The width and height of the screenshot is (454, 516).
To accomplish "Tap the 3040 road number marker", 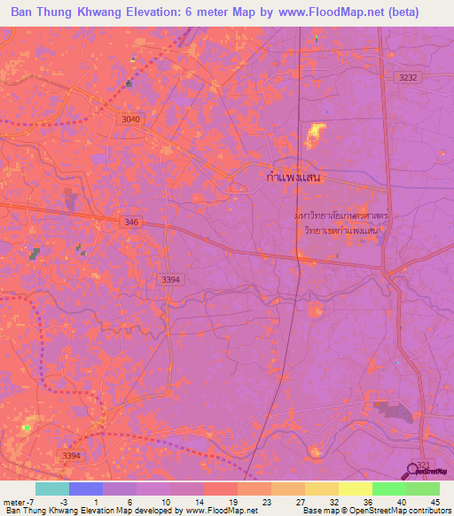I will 129,119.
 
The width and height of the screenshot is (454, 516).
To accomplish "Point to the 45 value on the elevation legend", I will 434,502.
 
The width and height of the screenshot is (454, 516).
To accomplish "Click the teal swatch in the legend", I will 52,489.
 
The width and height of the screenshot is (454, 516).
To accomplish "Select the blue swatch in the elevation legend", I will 86,489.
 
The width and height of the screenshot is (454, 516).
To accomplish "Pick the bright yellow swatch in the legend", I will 356,489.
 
